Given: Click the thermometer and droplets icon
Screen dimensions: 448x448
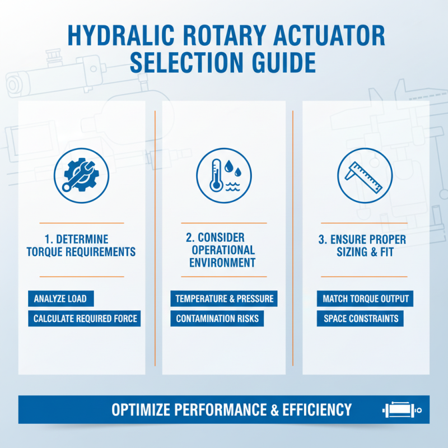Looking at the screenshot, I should (224, 174).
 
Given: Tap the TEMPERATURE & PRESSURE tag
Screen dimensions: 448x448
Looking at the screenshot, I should (224, 298).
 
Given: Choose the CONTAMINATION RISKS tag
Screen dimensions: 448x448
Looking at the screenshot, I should (217, 319).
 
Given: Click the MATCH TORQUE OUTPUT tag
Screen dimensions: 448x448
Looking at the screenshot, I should (366, 298).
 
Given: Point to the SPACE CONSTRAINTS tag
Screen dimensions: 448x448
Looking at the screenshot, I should (361, 319).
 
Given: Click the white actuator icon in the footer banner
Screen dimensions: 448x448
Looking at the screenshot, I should (400, 410).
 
